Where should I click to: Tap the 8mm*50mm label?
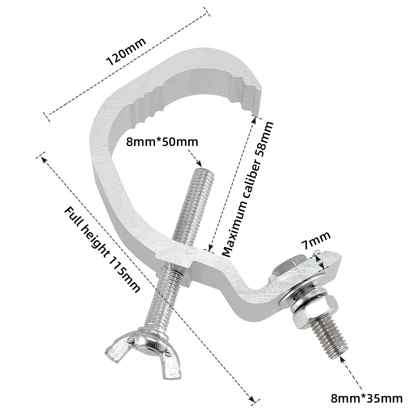(162, 142)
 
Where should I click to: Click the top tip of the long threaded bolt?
(202, 169)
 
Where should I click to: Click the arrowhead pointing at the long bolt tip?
(199, 163)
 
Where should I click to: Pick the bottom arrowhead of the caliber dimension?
(210, 248)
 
